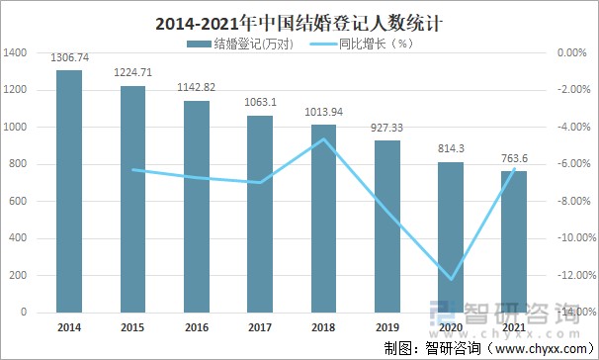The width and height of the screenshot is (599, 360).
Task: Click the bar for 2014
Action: (69, 191)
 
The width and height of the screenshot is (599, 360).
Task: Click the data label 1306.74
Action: (69, 58)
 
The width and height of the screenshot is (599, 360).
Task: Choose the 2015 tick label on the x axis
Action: (132, 327)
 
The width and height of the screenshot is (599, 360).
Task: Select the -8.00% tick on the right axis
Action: (574, 202)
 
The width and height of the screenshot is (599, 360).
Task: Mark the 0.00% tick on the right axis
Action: (574, 53)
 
